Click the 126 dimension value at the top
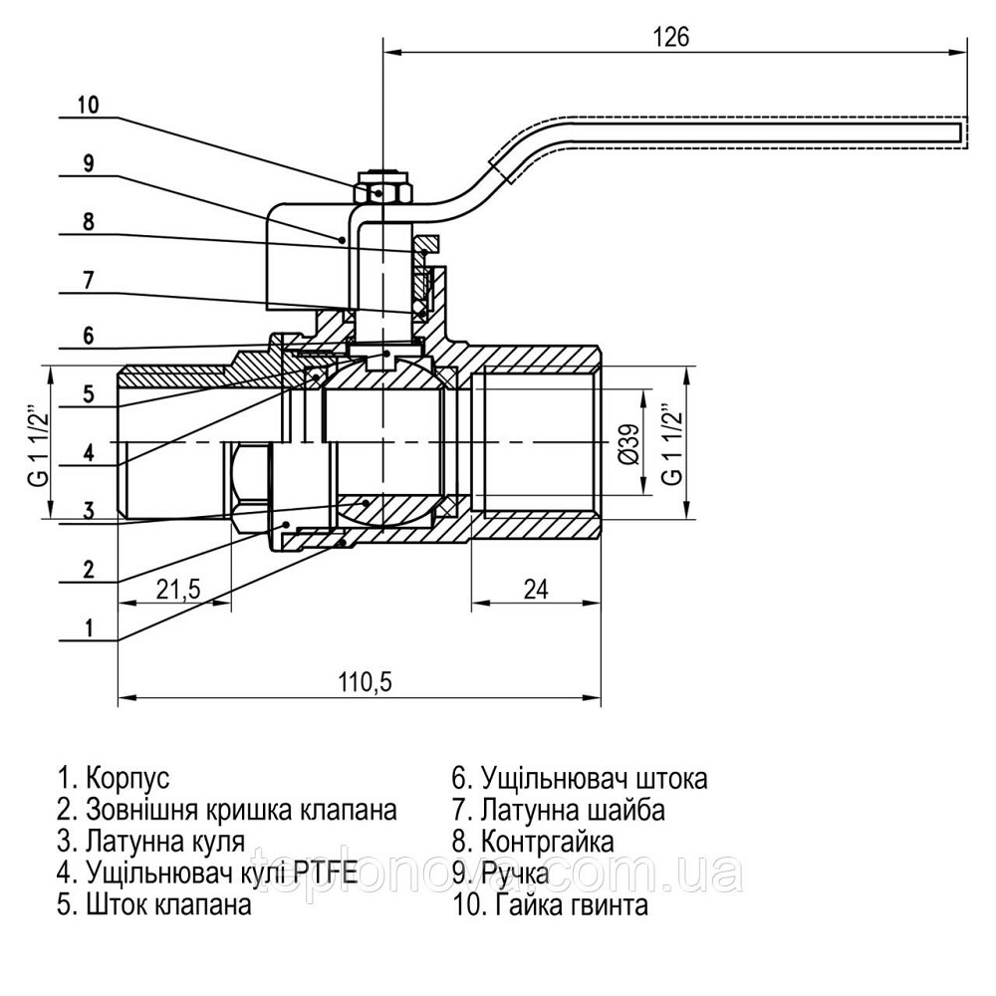point(670,37)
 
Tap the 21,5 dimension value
point(178,589)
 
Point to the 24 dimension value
point(536,589)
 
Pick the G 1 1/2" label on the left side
point(37,440)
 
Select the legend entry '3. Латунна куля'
point(150,841)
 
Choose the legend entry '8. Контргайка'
point(533,841)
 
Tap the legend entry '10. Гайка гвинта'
point(550,904)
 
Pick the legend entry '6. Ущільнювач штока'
point(580,777)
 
